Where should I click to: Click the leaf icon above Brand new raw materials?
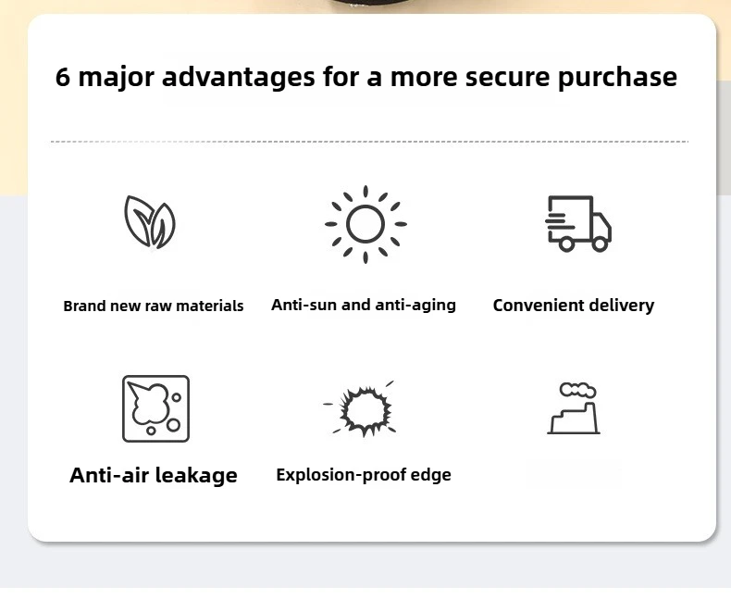150,222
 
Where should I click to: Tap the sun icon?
365,223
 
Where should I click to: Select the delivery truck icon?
578,223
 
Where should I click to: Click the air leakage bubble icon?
155,408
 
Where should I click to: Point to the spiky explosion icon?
365,406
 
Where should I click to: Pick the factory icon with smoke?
574,409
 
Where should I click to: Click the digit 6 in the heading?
63,77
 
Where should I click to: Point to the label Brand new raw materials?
154,306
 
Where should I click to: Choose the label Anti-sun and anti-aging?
364,305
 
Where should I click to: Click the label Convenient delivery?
574,306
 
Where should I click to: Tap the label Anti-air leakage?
154,476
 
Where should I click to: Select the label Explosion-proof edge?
364,476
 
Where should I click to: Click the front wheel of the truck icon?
599,244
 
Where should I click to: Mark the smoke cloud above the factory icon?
577,390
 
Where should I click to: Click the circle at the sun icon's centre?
365,223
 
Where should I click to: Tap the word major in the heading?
117,77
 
